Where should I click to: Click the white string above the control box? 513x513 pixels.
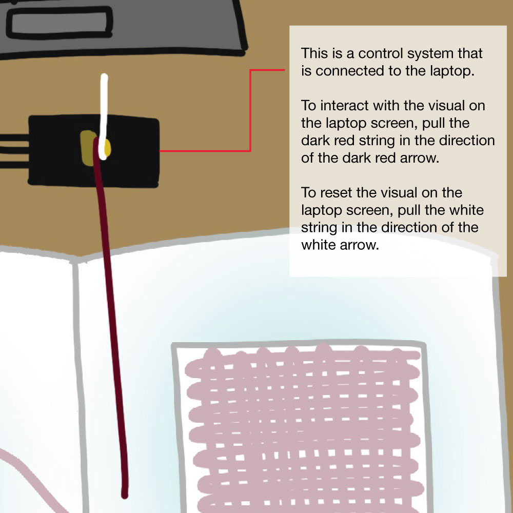[104, 116]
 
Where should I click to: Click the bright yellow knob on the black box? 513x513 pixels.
[107, 148]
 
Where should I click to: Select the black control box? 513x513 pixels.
[93, 151]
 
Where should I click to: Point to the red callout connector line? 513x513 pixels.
[250, 111]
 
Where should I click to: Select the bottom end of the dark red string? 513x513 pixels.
[125, 496]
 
